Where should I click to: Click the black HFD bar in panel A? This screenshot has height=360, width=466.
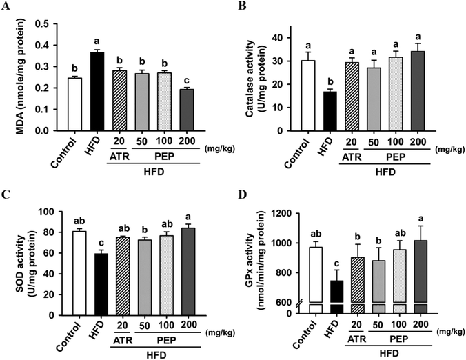click(97, 91)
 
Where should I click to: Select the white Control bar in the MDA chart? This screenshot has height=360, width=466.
click(74, 104)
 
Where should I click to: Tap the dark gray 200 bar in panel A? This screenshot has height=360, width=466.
click(187, 110)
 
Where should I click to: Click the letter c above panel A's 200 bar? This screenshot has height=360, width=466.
click(187, 81)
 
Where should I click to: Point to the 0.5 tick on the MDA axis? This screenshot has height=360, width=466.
click(42, 23)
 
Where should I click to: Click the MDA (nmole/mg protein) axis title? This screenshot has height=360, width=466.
click(20, 77)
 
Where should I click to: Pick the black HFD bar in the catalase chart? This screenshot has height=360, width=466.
click(330, 111)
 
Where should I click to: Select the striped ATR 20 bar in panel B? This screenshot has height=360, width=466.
click(352, 97)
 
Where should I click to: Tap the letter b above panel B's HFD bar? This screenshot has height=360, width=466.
click(330, 82)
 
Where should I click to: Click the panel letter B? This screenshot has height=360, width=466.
click(242, 6)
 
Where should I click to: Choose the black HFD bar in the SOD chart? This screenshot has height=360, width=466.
click(101, 285)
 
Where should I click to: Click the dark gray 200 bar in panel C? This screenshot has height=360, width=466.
click(188, 272)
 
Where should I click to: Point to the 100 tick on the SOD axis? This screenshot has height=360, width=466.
click(48, 212)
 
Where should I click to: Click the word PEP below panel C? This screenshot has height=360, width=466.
click(166, 340)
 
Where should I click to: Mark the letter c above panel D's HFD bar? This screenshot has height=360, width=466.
click(336, 263)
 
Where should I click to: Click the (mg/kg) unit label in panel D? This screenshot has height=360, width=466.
click(449, 331)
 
